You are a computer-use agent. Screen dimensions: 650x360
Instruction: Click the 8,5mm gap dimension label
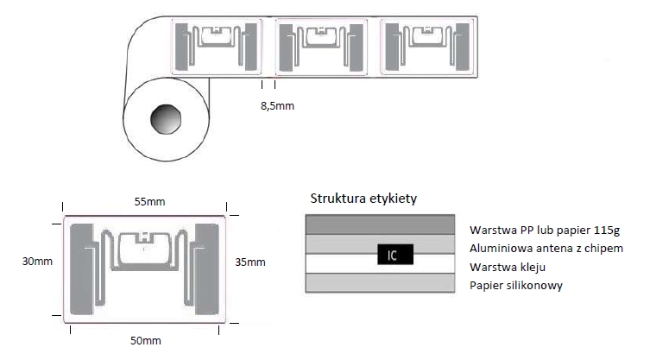(277, 106)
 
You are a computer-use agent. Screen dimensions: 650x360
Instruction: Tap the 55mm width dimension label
(149, 202)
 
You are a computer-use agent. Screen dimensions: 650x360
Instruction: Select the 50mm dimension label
(146, 341)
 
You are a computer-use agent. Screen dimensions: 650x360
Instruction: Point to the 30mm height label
(37, 262)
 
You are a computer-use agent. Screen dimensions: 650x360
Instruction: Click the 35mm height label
(250, 262)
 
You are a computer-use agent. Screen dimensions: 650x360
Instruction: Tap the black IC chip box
(395, 254)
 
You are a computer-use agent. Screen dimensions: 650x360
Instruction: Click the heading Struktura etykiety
(363, 199)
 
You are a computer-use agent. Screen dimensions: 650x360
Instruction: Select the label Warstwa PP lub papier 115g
(545, 231)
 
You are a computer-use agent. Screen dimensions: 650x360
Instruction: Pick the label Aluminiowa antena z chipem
(546, 249)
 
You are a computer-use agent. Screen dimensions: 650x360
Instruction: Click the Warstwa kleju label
(508, 267)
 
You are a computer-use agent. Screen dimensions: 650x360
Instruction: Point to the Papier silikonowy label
(516, 286)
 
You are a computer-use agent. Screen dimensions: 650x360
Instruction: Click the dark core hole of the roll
(166, 119)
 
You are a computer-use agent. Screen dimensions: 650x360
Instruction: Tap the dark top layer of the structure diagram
(380, 224)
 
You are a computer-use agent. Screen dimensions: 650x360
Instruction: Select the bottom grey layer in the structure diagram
(380, 283)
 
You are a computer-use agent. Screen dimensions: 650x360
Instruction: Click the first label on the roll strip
(217, 47)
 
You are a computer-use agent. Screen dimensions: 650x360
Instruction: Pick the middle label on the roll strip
(321, 47)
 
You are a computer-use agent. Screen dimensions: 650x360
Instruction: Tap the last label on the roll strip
(427, 47)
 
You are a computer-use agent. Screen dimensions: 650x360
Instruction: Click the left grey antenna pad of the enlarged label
(82, 269)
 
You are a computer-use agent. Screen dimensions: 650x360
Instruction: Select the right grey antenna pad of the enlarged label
(207, 269)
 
